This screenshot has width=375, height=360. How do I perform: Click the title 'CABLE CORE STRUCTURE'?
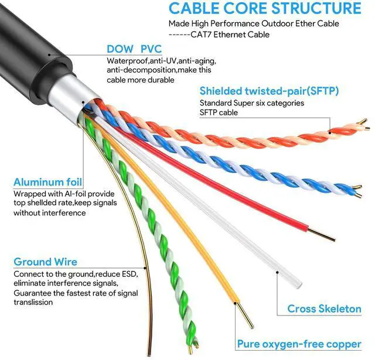(x=265, y=8)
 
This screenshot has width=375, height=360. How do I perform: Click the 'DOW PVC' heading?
(x=134, y=49)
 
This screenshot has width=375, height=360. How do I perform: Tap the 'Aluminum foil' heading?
(x=48, y=182)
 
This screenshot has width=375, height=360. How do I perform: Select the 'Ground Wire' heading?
(x=46, y=262)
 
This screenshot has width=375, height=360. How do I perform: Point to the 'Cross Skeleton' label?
(x=324, y=308)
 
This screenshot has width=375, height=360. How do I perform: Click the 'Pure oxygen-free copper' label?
(x=299, y=344)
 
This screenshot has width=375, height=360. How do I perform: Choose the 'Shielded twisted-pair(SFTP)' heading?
(x=269, y=91)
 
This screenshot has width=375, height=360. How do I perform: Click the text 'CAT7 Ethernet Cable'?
(x=230, y=35)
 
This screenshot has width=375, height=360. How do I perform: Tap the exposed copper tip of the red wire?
(x=321, y=235)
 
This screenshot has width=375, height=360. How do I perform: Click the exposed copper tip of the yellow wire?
(x=244, y=316)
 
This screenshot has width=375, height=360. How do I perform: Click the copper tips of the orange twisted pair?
(x=364, y=124)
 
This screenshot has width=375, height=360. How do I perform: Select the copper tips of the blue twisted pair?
(x=357, y=191)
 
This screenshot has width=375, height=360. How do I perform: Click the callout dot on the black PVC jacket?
(x=49, y=54)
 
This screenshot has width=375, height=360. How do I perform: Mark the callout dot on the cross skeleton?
(x=277, y=272)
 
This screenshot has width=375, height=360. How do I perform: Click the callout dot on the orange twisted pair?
(x=330, y=132)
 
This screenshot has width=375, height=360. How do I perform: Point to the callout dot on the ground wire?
(x=145, y=268)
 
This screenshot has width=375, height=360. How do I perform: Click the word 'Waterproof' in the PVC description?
(x=127, y=61)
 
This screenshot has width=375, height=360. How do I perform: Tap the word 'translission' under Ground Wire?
(x=33, y=302)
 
